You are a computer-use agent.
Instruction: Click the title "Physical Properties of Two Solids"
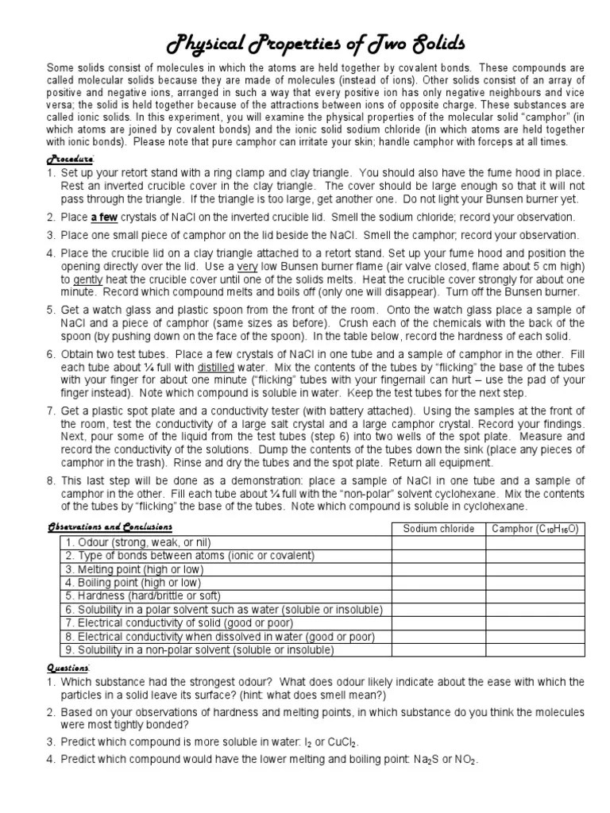(305, 40)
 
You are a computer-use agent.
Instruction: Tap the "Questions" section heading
(68, 668)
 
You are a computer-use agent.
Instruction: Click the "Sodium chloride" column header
(439, 529)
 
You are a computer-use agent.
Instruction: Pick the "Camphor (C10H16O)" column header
(535, 529)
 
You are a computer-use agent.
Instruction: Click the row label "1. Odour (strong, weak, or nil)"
(137, 542)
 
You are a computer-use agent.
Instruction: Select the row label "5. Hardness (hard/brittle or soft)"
(143, 595)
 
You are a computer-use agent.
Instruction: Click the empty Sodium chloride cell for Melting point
(439, 569)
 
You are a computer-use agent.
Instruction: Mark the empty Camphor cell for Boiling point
(535, 583)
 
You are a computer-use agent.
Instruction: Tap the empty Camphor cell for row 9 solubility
(535, 649)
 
